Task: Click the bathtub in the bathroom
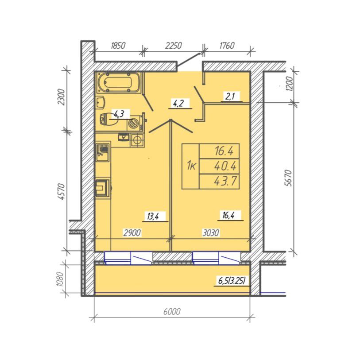coord(119,83)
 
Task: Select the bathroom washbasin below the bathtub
coord(101,102)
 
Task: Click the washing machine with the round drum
coord(135,123)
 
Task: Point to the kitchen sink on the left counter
coord(103,151)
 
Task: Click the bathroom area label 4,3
coord(119,114)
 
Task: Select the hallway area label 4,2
coord(178,104)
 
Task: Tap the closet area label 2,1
coord(230,97)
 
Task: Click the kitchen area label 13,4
coord(153,216)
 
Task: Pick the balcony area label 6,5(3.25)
coord(232,281)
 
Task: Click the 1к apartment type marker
coord(191,166)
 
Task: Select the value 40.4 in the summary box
coord(225,166)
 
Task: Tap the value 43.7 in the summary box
coord(225,182)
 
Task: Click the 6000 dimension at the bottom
coord(172,312)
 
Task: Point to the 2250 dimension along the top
coord(173,46)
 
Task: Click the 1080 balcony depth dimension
coord(59,279)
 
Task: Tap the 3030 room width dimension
coord(211,233)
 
